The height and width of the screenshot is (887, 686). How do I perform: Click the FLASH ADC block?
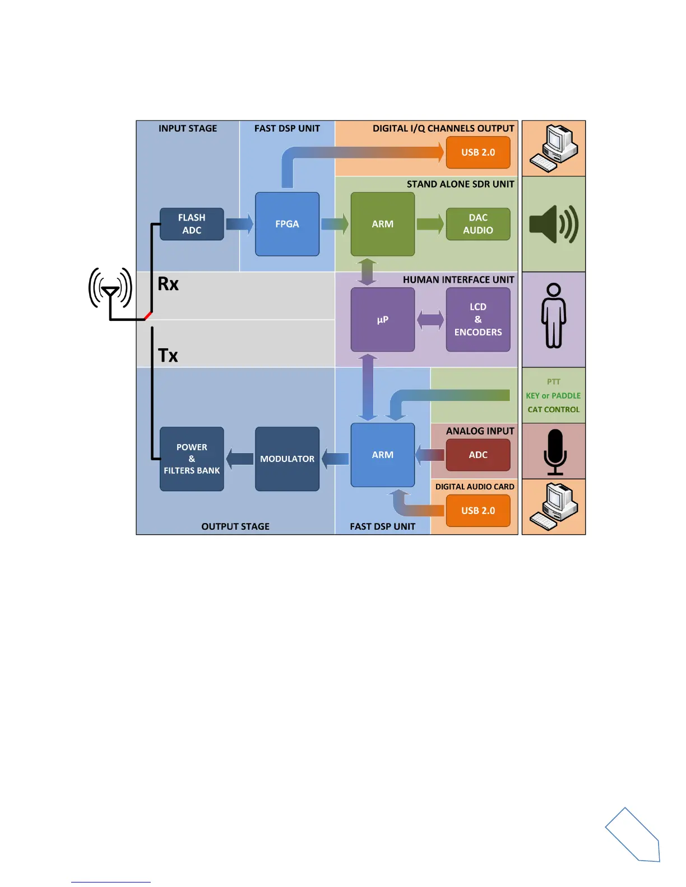click(192, 224)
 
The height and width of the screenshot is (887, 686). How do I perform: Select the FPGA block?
click(287, 224)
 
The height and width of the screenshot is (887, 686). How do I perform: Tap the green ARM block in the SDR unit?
click(382, 224)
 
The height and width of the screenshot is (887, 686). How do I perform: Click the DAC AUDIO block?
click(478, 224)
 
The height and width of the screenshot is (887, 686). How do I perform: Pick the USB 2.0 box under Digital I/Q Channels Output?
click(478, 152)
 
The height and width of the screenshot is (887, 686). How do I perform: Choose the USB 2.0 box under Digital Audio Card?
click(478, 511)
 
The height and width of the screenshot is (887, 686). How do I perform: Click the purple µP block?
click(382, 320)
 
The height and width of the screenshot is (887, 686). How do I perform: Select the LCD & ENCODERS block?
click(478, 320)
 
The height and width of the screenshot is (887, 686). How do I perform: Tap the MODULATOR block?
click(287, 459)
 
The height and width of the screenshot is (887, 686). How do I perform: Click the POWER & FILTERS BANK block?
click(192, 459)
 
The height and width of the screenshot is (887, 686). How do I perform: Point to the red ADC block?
click(478, 455)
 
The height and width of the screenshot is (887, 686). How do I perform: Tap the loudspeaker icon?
click(553, 224)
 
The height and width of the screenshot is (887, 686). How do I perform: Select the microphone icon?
click(555, 451)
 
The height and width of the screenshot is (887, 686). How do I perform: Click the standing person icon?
click(553, 316)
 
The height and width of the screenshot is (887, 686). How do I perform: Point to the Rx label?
click(168, 284)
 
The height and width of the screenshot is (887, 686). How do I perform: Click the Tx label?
click(168, 356)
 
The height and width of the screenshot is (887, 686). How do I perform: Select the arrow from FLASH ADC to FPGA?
click(239, 224)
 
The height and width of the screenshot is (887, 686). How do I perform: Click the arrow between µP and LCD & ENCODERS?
click(430, 320)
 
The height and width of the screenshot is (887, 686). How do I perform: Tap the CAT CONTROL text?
click(553, 410)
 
